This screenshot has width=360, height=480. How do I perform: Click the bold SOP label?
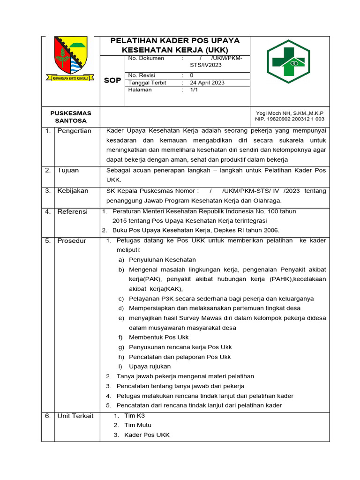click(112, 80)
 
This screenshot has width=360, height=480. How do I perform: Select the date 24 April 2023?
click(207, 82)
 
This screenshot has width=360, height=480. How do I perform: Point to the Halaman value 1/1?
click(194, 90)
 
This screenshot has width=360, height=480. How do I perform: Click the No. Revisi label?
click(142, 75)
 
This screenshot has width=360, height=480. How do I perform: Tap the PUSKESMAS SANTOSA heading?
click(71, 117)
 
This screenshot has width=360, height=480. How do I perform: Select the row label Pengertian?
click(74, 131)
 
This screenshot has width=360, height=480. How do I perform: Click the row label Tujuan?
click(68, 170)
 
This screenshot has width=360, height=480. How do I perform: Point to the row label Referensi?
click(72, 211)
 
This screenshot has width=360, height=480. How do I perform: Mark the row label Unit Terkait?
click(75, 416)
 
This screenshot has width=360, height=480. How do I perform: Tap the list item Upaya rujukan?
click(150, 366)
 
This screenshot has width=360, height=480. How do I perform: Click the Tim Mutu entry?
click(138, 425)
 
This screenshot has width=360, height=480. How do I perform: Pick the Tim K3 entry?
click(135, 416)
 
